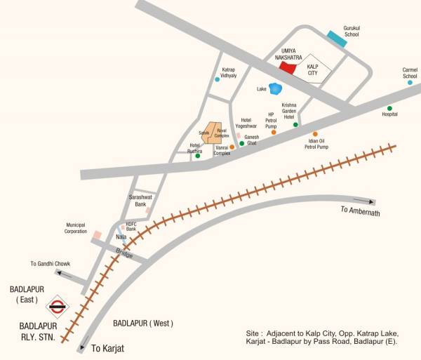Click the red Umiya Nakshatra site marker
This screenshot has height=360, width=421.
click(287, 67)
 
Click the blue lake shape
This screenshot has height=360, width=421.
click(276, 88)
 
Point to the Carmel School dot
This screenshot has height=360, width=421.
click(410, 83)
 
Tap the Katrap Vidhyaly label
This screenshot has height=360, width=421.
click(229, 72)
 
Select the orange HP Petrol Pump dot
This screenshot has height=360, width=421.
click(274, 131)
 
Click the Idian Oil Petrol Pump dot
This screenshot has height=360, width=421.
click(315, 133)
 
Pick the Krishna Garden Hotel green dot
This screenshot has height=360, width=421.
click(295, 125)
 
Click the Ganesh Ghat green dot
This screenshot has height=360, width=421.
click(241, 143)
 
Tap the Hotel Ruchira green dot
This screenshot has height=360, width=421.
click(198, 156)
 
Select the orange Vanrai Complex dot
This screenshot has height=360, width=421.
click(232, 147)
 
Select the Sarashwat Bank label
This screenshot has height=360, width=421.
click(140, 201)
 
